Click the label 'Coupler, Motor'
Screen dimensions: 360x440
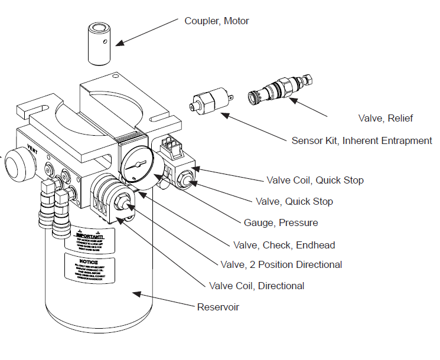pos(217,21)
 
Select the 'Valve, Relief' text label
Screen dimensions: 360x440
pos(385,119)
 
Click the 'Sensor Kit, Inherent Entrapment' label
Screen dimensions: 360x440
pos(361,140)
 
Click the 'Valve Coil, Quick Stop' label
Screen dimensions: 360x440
pos(315,180)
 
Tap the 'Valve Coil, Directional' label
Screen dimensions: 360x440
pos(256,286)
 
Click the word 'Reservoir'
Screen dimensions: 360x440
pos(218,307)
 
